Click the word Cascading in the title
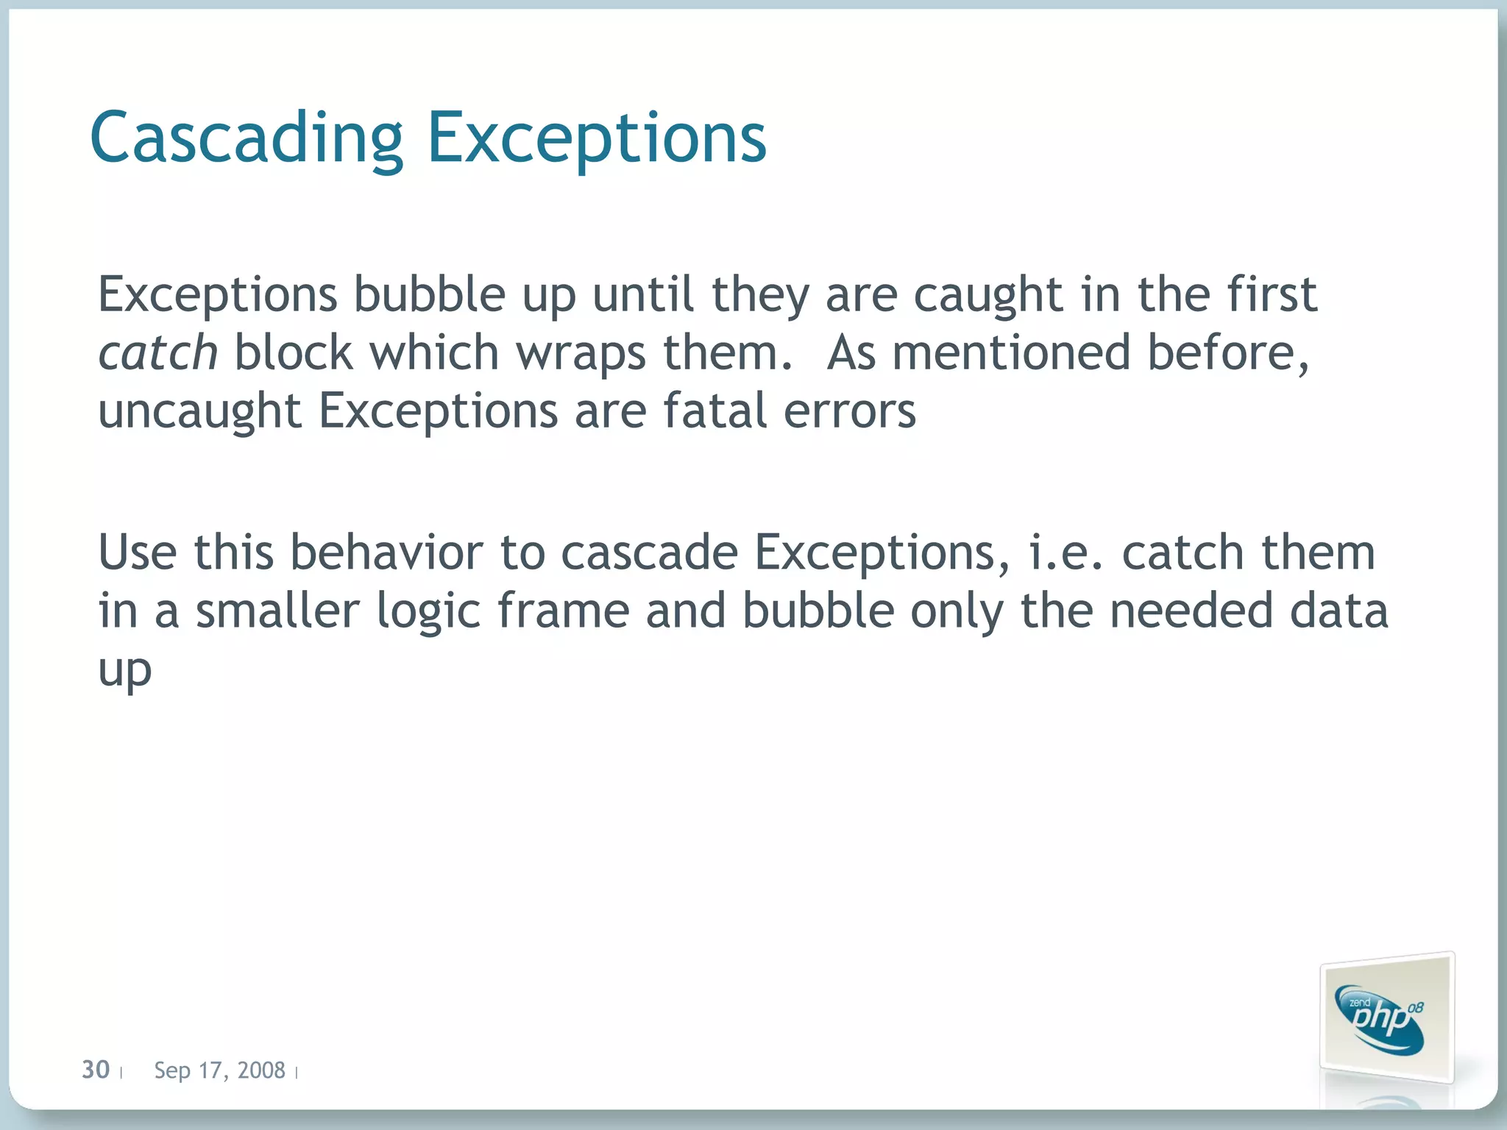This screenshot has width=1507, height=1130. (x=247, y=138)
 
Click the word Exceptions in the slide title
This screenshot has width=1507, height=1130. (x=597, y=138)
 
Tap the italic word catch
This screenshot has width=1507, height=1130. (x=158, y=353)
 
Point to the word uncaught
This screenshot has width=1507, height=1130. (x=199, y=411)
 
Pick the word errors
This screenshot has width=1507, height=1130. (x=850, y=411)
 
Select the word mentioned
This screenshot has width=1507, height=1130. (x=1011, y=352)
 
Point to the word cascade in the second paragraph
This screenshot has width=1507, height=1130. (x=649, y=552)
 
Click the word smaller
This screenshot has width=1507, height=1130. (x=277, y=611)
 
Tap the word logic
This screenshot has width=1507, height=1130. (x=428, y=613)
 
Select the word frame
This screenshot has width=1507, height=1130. (x=564, y=611)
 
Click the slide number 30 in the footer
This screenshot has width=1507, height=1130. (x=96, y=1070)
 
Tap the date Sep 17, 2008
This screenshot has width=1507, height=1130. (x=219, y=1070)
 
